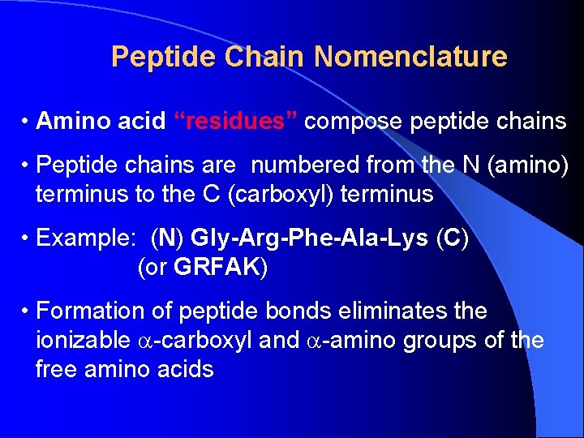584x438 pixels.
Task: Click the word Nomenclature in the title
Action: tap(410, 57)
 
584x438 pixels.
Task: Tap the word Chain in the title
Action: tap(264, 57)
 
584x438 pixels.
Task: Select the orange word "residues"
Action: tap(236, 122)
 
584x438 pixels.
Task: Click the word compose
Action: tap(354, 122)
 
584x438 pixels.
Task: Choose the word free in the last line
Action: tap(56, 370)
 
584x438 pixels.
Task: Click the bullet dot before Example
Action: tap(27, 238)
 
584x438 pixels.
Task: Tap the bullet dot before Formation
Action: tap(27, 311)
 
